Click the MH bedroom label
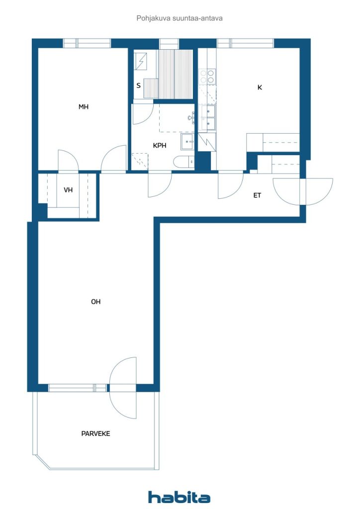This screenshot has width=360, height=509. [84, 107]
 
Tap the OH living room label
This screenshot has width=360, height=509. [96, 302]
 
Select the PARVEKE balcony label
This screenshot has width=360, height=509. [96, 433]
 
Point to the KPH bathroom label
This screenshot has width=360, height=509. [160, 146]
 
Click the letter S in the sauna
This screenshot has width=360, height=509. [139, 85]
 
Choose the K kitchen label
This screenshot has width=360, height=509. [260, 87]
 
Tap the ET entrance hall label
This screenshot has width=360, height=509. [257, 195]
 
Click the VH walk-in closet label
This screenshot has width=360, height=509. [68, 190]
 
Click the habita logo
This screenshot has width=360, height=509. [179, 497]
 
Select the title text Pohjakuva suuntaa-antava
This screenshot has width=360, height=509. [180, 18]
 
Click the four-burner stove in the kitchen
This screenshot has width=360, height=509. [207, 76]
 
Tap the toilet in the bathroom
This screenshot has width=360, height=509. [184, 162]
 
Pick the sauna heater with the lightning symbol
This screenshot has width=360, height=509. [141, 61]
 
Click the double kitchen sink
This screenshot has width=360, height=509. [207, 117]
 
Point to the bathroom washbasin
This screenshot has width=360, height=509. [187, 142]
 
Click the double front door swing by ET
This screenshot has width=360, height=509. [302, 191]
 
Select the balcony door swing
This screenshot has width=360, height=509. [123, 388]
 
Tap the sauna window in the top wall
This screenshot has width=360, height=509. [169, 44]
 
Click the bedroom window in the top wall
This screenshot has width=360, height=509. [87, 44]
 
